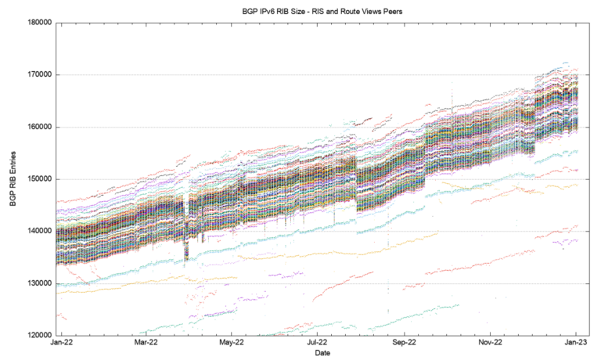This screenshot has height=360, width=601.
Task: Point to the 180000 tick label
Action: coord(38,23)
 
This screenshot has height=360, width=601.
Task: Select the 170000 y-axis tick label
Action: coord(38,75)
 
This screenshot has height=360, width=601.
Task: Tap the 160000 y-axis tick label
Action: coord(38,127)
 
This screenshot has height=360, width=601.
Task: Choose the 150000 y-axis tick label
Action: coord(38,179)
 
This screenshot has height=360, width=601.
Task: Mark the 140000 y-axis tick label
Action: coord(38,232)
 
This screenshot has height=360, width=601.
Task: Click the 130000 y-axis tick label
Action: coord(38,283)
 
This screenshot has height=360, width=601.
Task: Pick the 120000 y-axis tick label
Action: coord(38,336)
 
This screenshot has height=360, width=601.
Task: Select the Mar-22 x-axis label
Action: coord(146,344)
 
